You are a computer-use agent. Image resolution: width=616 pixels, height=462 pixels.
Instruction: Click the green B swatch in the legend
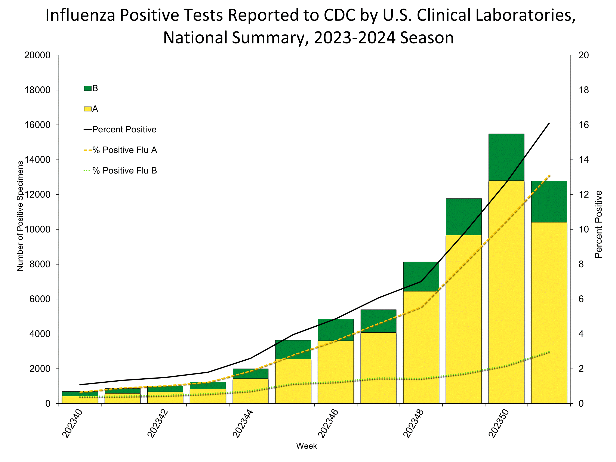pos(88,89)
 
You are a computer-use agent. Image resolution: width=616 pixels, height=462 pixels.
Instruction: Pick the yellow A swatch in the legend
pos(88,109)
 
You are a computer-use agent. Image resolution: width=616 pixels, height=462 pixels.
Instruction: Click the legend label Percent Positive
pos(124,129)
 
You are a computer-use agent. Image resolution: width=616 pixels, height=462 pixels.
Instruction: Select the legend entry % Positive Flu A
pos(124,150)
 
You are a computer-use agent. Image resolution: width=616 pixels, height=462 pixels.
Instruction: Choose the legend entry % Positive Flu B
pos(124,170)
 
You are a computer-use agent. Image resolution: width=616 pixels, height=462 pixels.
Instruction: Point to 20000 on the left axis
pos(37,55)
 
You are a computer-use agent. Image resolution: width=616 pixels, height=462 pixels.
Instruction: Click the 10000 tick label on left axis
pos(37,230)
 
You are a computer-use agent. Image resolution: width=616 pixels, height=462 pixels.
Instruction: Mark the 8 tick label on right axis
pos(581,264)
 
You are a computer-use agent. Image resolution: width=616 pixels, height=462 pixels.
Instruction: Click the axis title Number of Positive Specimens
pos(20,216)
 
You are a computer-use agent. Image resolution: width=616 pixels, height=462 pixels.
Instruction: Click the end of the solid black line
pos(549,123)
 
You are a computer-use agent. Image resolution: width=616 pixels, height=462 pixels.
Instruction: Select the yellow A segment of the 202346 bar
pos(336,372)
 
